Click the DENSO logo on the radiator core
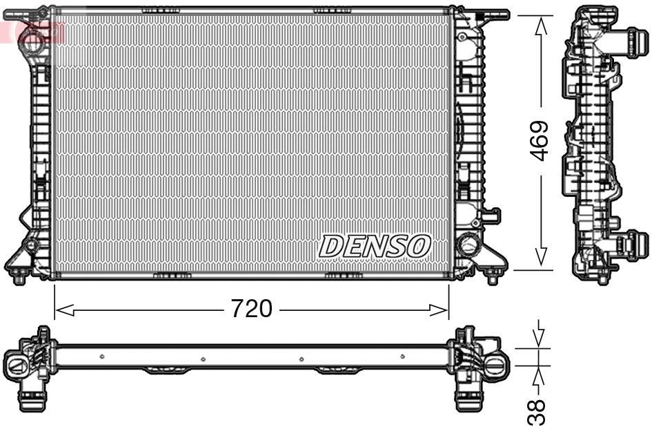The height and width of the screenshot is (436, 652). point(375,245)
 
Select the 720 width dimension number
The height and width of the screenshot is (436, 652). point(251,309)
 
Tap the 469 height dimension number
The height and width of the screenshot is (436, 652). point(540,141)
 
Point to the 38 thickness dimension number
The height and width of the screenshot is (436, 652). point(539,412)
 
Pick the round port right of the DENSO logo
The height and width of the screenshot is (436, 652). point(468,244)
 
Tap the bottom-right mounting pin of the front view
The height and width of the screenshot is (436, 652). point(492,278)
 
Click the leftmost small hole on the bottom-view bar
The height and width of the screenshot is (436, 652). point(101,357)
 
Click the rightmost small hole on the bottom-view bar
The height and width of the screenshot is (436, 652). point(402,357)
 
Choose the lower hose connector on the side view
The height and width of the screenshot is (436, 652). point(635,245)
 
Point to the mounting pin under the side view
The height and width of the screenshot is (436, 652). point(603,278)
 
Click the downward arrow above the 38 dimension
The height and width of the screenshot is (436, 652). point(540,335)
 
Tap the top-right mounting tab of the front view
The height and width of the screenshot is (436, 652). point(494,14)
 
